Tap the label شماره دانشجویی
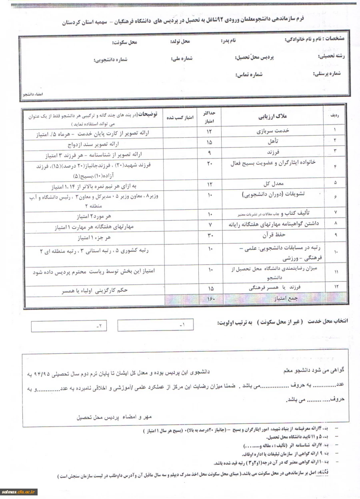click(x=111, y=60)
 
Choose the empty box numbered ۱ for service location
click(x=155, y=325)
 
